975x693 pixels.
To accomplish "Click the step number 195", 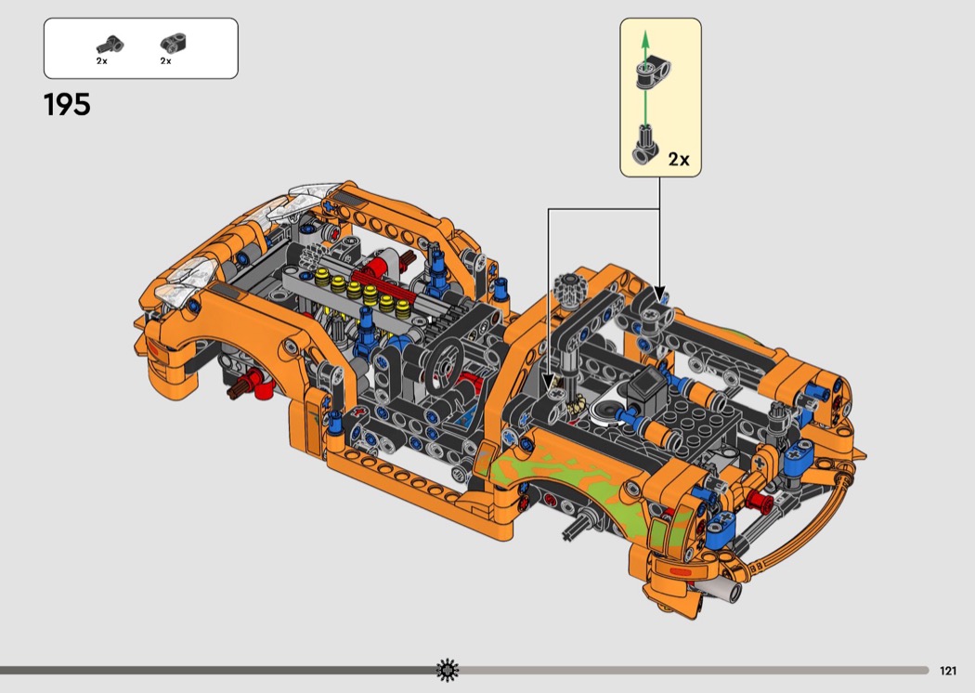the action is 67,105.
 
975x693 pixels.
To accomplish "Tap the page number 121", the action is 948,671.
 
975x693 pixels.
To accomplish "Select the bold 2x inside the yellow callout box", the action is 679,159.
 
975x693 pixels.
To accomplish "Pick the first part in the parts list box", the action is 110,45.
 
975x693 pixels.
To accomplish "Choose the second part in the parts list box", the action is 174,43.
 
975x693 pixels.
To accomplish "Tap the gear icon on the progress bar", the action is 447,670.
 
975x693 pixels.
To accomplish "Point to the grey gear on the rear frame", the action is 572,288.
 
